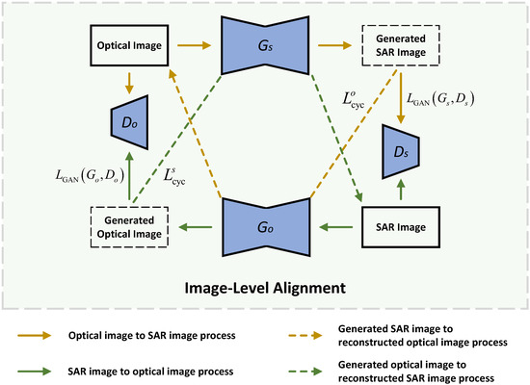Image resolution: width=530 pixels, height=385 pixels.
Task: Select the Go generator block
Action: click(x=264, y=227)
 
